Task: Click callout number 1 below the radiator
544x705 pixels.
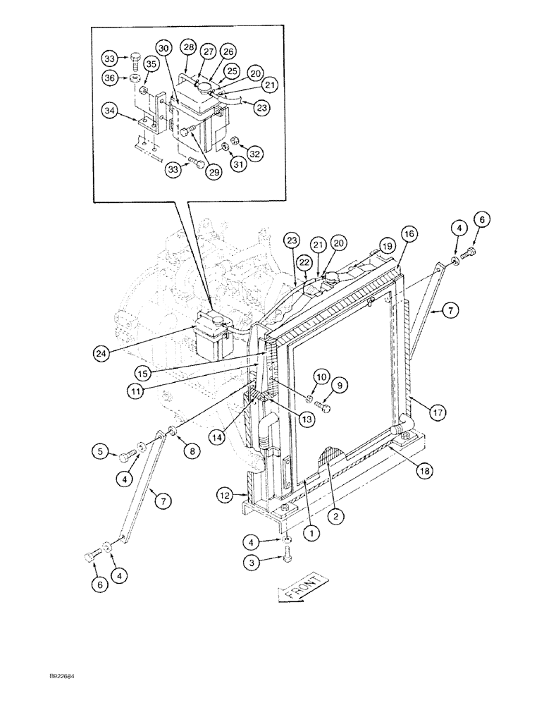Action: pos(309,533)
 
